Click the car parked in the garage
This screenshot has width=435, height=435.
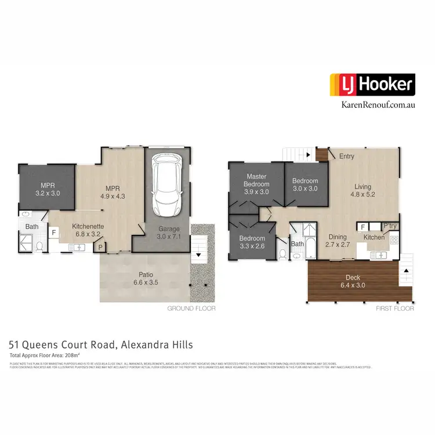click(x=168, y=184)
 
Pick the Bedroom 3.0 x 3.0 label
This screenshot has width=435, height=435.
click(x=305, y=184)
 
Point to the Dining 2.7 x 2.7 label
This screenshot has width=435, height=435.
click(x=338, y=241)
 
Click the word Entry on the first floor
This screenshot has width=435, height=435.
click(x=347, y=156)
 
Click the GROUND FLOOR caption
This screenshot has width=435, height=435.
click(x=191, y=309)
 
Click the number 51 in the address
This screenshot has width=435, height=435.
click(x=16, y=345)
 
